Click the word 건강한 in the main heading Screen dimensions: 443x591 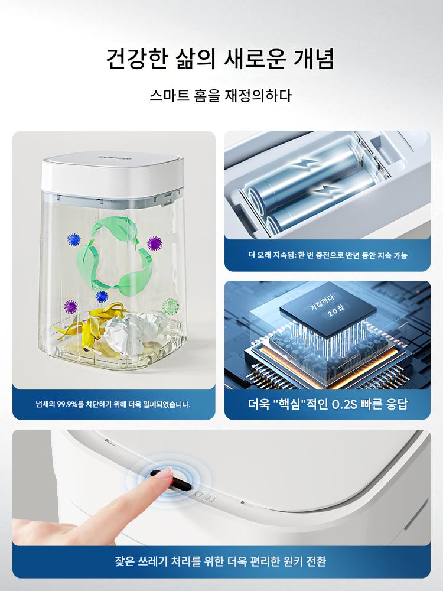click(x=136, y=59)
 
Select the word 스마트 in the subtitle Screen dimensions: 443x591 click(x=169, y=95)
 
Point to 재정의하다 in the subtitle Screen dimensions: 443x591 click(x=259, y=95)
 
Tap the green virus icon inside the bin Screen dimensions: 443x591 click(x=171, y=306)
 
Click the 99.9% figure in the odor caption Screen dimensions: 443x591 click(x=67, y=404)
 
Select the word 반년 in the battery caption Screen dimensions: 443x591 click(x=352, y=255)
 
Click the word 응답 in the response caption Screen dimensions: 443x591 click(x=397, y=404)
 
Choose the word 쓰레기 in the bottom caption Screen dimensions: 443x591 click(x=152, y=561)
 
